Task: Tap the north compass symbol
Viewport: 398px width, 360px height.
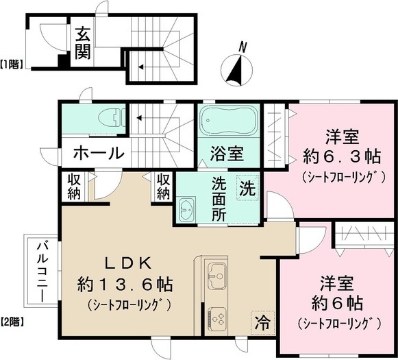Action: click(236, 67)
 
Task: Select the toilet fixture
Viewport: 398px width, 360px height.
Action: click(112, 118)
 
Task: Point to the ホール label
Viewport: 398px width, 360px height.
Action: click(99, 153)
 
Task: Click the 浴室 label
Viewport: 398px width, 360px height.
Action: click(227, 154)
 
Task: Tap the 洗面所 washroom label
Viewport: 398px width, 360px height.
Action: click(219, 199)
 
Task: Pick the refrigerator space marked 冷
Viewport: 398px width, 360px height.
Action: click(262, 323)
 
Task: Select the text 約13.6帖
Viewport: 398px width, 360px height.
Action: click(125, 285)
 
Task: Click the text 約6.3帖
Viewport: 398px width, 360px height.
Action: click(342, 157)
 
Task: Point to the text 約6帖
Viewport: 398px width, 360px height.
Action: click(337, 302)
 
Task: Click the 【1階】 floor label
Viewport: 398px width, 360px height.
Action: click(12, 64)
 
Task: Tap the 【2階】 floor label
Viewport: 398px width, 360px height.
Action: click(12, 322)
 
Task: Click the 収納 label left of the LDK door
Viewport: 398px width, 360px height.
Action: click(74, 187)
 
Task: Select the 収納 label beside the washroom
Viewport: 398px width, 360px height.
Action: click(163, 187)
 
